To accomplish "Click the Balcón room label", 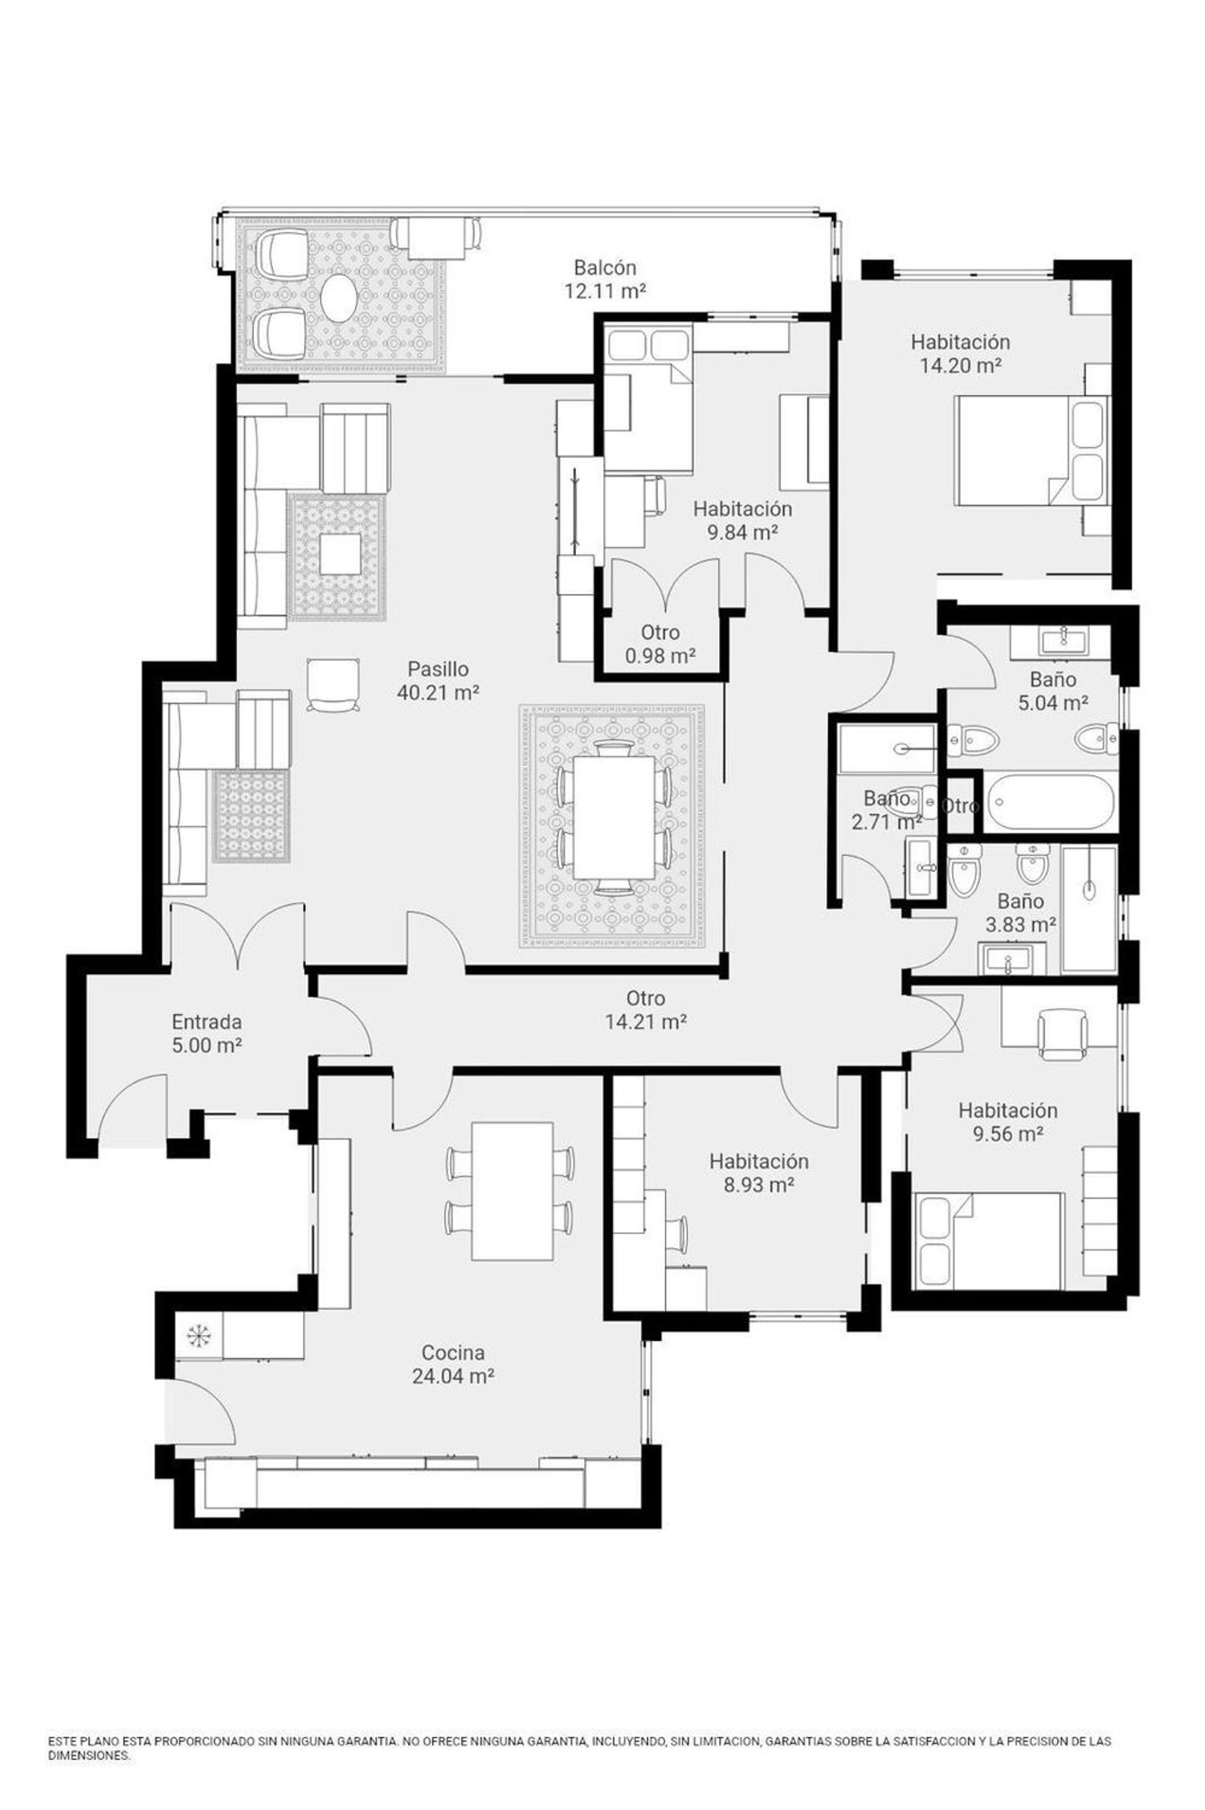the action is coord(605,267).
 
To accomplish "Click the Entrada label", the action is coord(206,1022).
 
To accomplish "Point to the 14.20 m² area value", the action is coord(960,366).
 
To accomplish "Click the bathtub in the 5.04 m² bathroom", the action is coord(1051,801).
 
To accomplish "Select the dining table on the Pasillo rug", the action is coord(612,818).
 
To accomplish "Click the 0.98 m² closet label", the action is coord(660,644).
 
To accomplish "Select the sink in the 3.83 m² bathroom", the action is coord(1011,959).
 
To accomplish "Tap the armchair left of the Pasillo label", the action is coord(333,685).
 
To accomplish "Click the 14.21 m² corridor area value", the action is coord(645,1022).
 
